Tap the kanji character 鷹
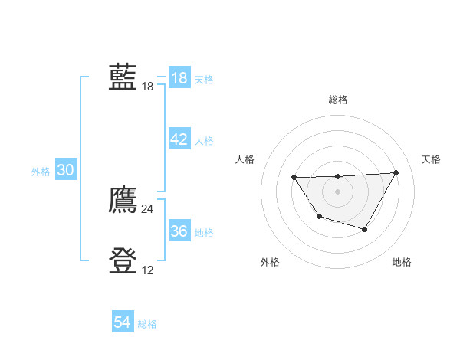click(123, 200)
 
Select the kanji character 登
click(123, 261)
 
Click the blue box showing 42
click(179, 139)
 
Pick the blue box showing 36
click(179, 231)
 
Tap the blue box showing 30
click(65, 171)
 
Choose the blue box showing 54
click(123, 322)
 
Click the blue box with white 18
click(179, 78)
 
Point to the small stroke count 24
click(147, 208)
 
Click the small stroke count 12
click(147, 270)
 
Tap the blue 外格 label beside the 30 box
click(41, 172)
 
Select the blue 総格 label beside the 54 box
click(147, 324)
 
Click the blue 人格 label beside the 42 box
click(204, 141)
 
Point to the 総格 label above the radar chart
click(337, 100)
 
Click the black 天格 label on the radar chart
click(431, 159)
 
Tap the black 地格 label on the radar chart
click(402, 262)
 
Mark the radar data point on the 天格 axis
click(396, 172)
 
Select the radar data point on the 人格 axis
click(294, 178)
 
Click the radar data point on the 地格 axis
click(365, 229)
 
